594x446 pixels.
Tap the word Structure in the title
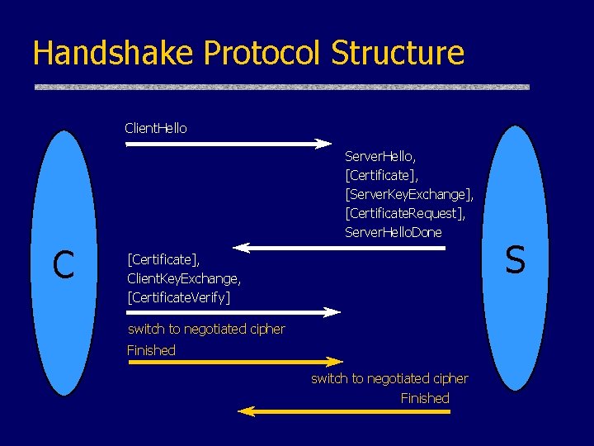(398, 53)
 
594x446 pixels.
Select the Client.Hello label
(155, 128)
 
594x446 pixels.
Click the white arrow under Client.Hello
(228, 144)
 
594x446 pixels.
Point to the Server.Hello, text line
(380, 155)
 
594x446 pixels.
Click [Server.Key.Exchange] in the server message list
(409, 194)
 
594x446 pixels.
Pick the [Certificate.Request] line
(405, 213)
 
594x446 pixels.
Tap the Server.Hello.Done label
(394, 232)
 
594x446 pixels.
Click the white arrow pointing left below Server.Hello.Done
(338, 247)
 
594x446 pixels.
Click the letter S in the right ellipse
(515, 260)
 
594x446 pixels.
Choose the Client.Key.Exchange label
(184, 278)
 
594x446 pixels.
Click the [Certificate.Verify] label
(179, 297)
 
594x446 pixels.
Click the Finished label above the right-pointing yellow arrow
(151, 350)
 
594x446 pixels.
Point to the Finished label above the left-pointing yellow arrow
(425, 398)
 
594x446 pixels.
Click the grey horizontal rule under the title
(281, 87)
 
